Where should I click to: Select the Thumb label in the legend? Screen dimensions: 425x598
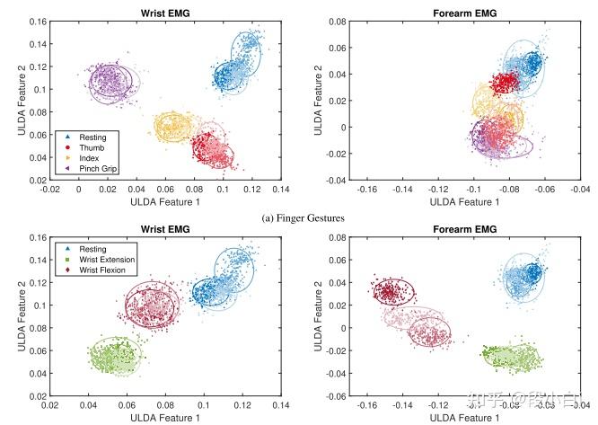tap(90, 146)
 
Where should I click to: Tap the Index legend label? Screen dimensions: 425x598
tap(89, 157)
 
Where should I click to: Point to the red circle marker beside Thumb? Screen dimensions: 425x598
tap(68, 146)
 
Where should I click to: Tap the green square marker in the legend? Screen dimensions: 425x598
tap(68, 258)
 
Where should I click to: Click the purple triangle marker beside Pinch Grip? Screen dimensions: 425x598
tap(68, 168)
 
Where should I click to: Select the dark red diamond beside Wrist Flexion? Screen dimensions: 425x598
tap(68, 269)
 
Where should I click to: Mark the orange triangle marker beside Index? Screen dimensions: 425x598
tap(68, 157)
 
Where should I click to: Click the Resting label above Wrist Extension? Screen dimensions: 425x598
tap(94, 247)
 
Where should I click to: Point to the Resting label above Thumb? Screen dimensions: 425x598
tap(93, 136)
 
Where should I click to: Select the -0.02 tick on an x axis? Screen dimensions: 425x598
tap(49, 190)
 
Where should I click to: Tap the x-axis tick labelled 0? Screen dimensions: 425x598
tap(79, 190)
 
